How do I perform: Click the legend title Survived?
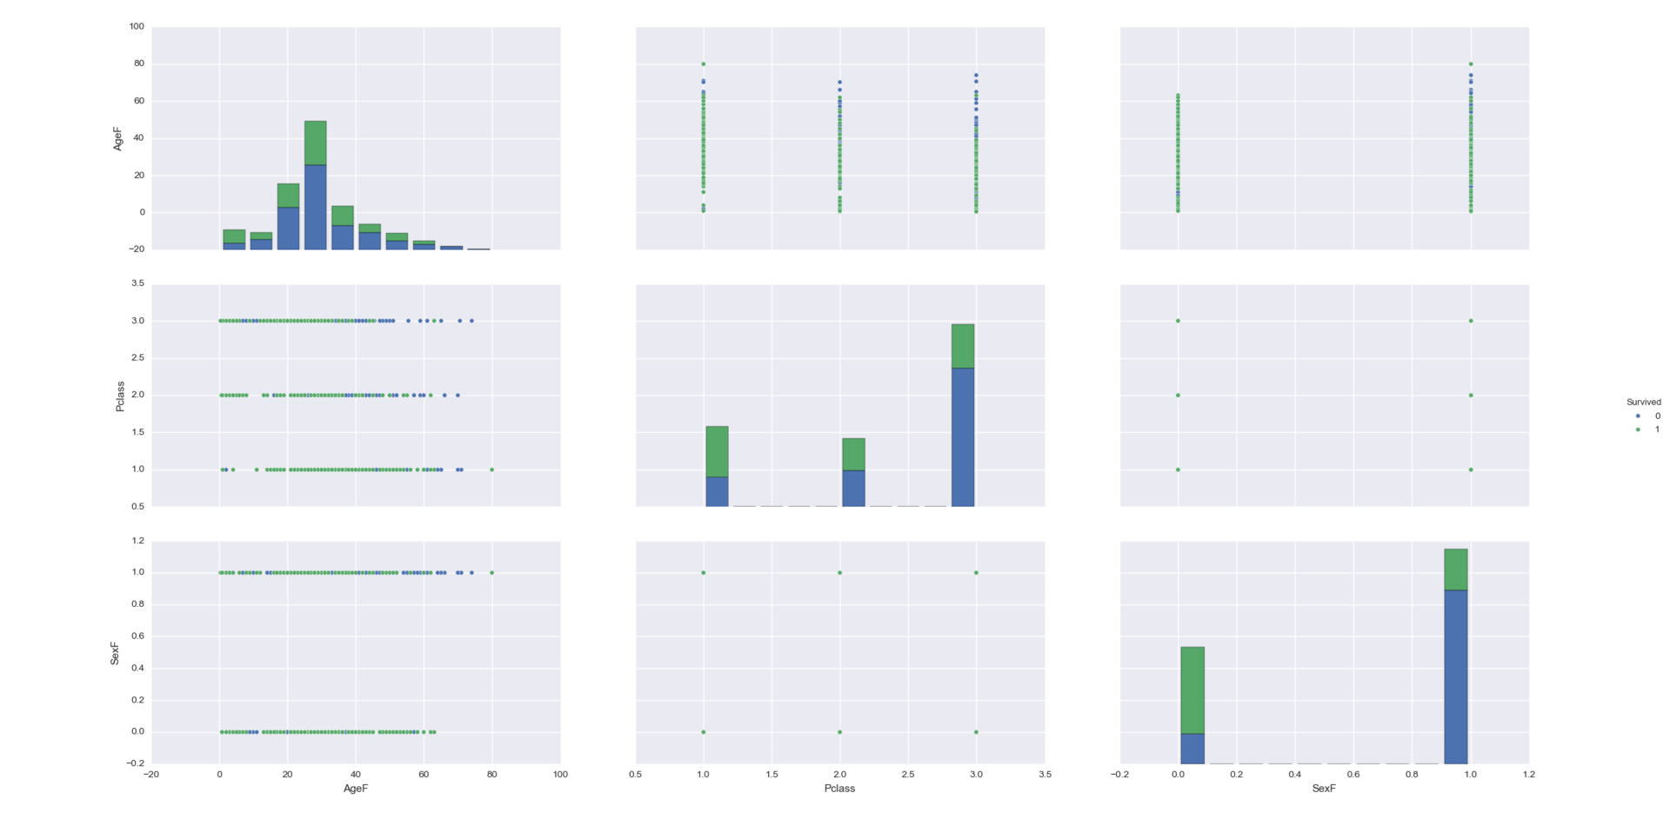pyautogui.click(x=1643, y=403)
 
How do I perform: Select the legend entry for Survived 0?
pyautogui.click(x=1648, y=416)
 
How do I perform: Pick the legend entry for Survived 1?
pyautogui.click(x=1648, y=430)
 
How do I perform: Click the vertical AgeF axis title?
pyautogui.click(x=117, y=138)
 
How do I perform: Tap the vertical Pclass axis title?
pyautogui.click(x=121, y=396)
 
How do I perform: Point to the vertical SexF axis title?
pyautogui.click(x=115, y=652)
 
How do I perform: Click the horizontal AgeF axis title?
pyautogui.click(x=356, y=789)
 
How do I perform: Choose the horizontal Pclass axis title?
pyautogui.click(x=839, y=789)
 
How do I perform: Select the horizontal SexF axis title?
pyautogui.click(x=1324, y=789)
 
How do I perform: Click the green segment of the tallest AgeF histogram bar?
pyautogui.click(x=315, y=143)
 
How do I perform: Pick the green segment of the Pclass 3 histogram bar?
pyautogui.click(x=963, y=346)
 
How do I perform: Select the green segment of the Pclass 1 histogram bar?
pyautogui.click(x=717, y=451)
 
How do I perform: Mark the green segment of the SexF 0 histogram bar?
pyautogui.click(x=1192, y=690)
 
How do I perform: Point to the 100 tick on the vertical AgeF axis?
pyautogui.click(x=137, y=27)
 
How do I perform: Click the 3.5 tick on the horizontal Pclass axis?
pyautogui.click(x=1045, y=775)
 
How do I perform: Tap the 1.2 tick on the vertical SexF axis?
pyautogui.click(x=137, y=541)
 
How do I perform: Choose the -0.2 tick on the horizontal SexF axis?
pyautogui.click(x=1119, y=775)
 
